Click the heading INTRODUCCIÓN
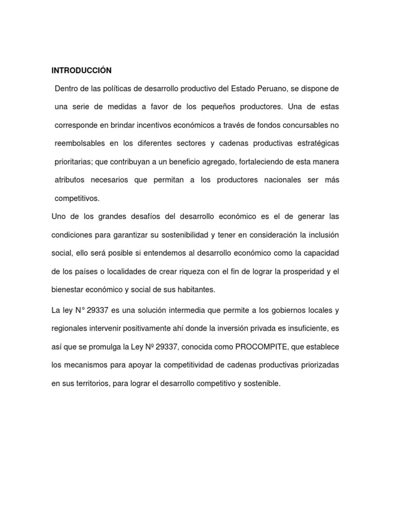point(81,70)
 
